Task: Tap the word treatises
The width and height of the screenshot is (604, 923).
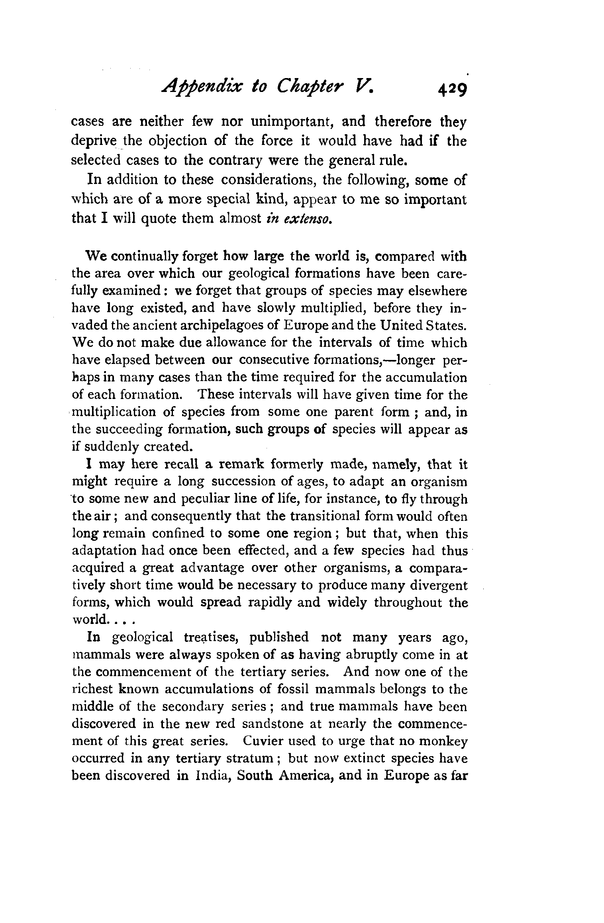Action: pos(211,637)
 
